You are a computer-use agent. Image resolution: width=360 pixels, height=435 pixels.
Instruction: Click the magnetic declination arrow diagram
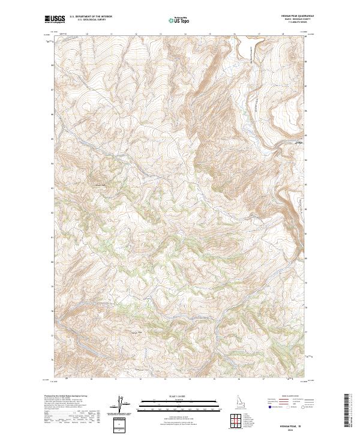120,405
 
